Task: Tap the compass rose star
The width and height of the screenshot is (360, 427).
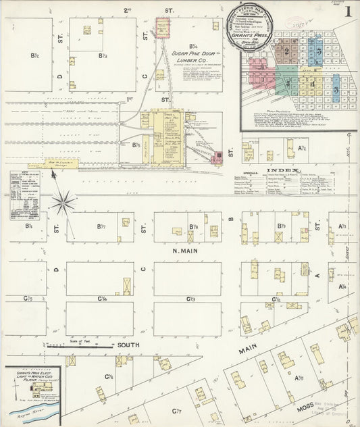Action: (65, 200)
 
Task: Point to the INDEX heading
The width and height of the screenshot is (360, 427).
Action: (280, 170)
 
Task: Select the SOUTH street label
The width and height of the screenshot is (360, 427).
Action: (128, 344)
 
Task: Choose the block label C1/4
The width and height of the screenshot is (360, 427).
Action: (103, 299)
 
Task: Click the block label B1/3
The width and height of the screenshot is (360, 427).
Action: (103, 55)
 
